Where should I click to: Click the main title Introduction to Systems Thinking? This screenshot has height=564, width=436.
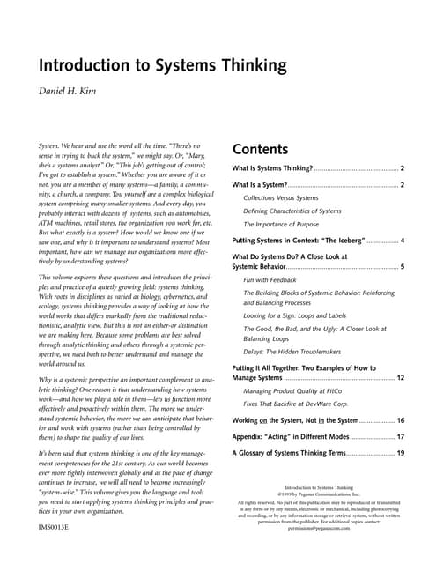(163, 66)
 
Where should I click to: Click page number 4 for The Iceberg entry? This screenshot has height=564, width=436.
(402, 240)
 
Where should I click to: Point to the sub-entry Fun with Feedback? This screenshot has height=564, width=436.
(270, 279)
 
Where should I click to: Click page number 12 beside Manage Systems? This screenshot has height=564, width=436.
(400, 377)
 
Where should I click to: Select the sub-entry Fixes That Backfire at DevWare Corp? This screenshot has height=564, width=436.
(299, 404)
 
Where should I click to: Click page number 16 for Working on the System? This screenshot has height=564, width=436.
(400, 420)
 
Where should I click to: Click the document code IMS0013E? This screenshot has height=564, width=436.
(54, 526)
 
